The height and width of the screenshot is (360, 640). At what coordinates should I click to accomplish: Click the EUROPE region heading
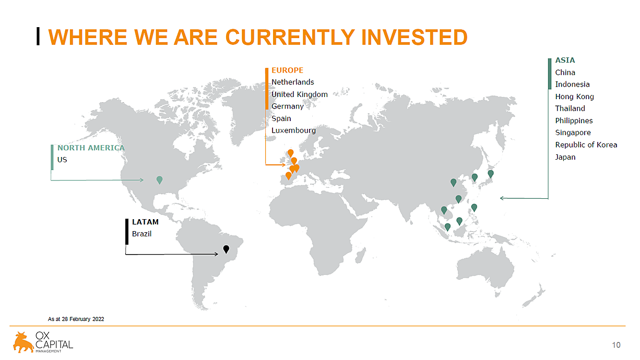click(287, 70)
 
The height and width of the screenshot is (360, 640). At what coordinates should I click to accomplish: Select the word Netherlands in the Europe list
click(292, 82)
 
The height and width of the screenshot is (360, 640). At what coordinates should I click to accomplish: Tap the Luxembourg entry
click(293, 130)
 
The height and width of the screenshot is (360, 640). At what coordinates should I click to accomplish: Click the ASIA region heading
click(565, 60)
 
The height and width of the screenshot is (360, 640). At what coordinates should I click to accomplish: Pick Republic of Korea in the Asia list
click(586, 145)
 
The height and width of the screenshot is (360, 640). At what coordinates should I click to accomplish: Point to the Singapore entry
click(573, 133)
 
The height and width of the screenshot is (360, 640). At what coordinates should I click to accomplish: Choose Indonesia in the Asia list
click(572, 85)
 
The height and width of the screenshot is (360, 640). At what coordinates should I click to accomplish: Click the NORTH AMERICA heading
click(91, 148)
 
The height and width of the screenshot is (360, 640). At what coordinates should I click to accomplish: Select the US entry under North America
click(62, 160)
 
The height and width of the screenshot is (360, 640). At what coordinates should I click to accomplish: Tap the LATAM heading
click(145, 222)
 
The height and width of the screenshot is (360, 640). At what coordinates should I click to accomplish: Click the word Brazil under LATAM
click(141, 234)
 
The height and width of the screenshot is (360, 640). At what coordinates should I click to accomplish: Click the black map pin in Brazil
click(226, 249)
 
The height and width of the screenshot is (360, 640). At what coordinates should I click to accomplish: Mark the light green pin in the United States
click(159, 179)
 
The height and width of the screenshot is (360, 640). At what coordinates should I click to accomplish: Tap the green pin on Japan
click(491, 174)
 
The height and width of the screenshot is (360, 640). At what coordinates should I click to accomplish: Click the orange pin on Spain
click(289, 176)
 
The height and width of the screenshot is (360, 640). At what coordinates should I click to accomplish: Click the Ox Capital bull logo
click(23, 342)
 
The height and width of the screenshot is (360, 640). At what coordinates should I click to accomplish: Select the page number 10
click(616, 345)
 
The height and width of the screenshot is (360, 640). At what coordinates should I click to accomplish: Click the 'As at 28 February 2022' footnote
click(76, 319)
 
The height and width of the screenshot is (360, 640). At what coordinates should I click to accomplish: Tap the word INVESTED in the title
click(414, 38)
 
